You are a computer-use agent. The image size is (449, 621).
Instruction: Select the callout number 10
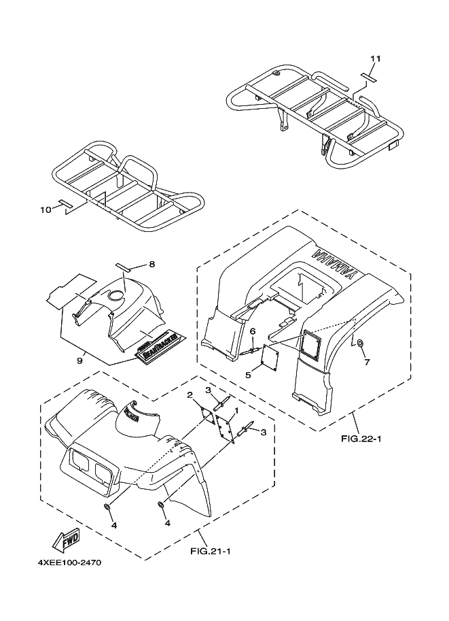(45, 209)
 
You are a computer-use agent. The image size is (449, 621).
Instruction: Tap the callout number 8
(152, 263)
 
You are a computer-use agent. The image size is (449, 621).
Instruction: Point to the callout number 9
(79, 360)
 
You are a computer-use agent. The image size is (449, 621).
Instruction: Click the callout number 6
(253, 331)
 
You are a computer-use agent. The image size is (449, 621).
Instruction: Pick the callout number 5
(248, 374)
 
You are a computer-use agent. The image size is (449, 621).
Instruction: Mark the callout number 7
(366, 362)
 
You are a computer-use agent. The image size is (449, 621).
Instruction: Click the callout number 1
(236, 411)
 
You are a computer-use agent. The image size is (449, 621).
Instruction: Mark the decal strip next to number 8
(126, 267)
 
